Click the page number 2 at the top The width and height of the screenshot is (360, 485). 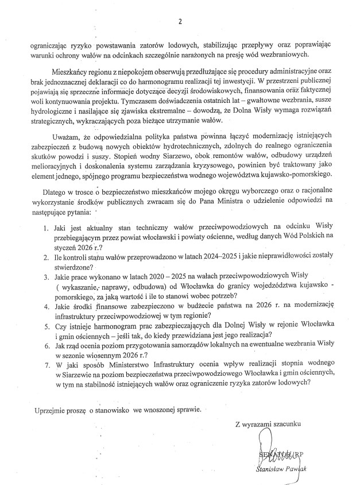(180, 22)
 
